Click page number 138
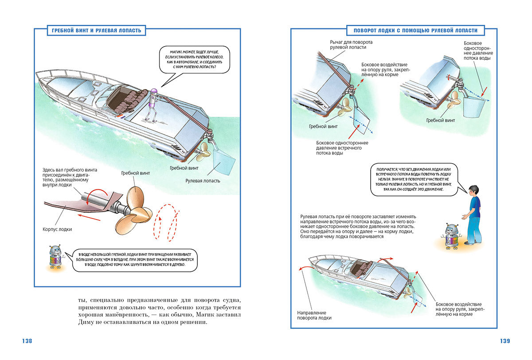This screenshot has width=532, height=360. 27,341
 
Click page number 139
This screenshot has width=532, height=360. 505,341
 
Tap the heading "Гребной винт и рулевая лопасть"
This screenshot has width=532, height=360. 97,31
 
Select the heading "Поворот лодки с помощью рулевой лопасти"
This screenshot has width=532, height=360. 415,31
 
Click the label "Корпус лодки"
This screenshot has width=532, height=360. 57,229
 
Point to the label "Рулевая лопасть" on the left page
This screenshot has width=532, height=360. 203,181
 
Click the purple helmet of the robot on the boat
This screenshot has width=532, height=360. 154,91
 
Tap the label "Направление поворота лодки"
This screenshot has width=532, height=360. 314,315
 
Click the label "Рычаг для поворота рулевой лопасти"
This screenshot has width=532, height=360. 351,45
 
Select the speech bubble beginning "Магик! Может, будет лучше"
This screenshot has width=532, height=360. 194,59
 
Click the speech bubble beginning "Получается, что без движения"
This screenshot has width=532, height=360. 414,180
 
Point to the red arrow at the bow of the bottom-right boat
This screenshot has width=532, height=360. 306,268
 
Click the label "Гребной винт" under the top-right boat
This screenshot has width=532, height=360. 440,121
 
